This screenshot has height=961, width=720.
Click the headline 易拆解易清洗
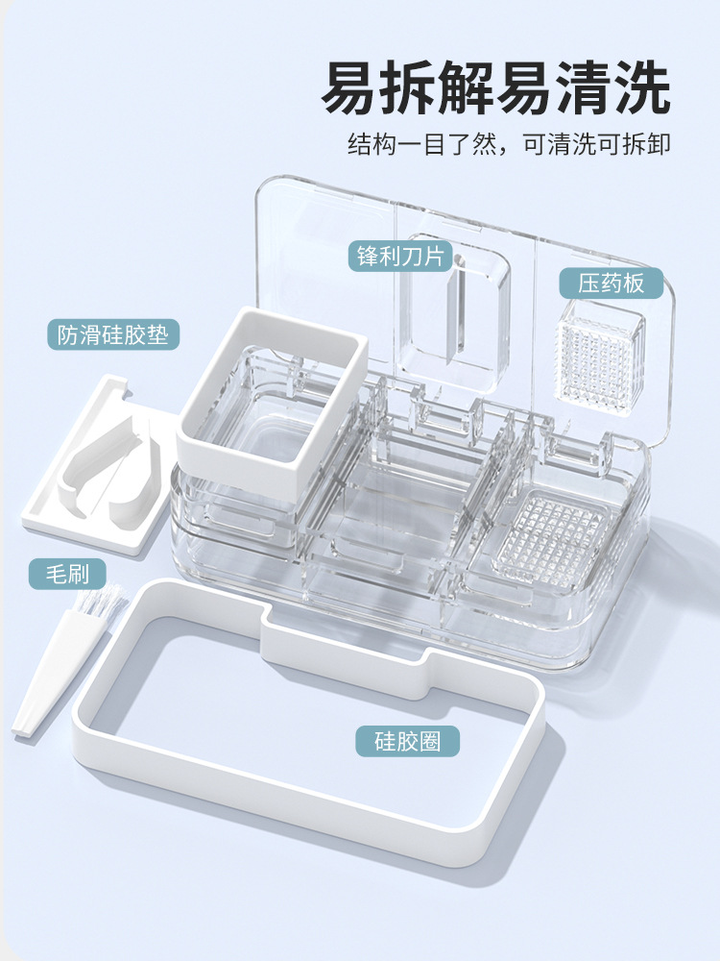(494, 87)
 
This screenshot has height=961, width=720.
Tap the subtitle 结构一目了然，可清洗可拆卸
(509, 144)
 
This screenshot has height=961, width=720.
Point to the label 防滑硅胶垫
(112, 334)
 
